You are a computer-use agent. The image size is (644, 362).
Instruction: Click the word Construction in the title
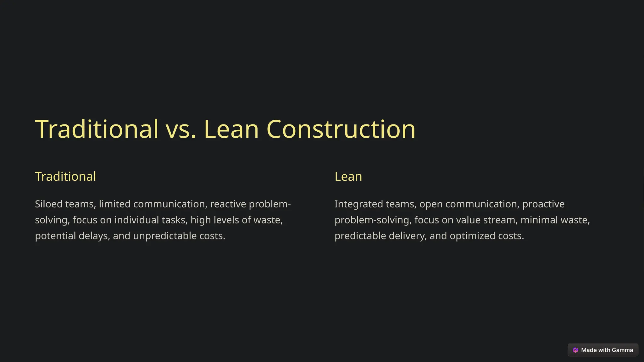pos(341,129)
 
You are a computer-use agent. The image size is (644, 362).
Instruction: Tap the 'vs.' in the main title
pos(181,129)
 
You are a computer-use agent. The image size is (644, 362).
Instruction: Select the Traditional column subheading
pos(65,177)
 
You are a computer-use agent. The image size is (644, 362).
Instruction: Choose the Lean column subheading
pos(348,177)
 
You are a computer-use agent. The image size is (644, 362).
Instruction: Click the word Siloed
pos(49,204)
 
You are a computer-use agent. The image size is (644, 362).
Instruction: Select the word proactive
pos(543,204)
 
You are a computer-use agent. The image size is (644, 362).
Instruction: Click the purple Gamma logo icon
pos(575,350)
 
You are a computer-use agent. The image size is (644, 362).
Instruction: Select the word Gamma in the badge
pos(622,350)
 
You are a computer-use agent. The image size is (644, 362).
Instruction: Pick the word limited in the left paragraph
pos(114,204)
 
